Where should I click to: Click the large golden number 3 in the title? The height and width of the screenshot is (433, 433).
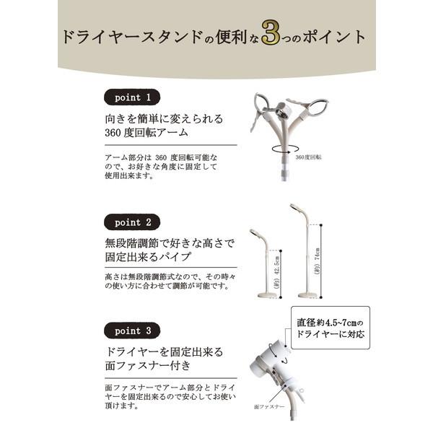coord(270,37)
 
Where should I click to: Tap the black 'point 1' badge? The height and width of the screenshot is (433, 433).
coord(132,97)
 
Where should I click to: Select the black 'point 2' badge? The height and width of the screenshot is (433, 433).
coord(132,222)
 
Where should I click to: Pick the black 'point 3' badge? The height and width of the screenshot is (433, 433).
coord(132,331)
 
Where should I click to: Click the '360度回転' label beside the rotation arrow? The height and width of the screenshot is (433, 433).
coord(308,156)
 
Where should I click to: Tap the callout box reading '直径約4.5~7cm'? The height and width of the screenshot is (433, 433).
coord(331,328)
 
